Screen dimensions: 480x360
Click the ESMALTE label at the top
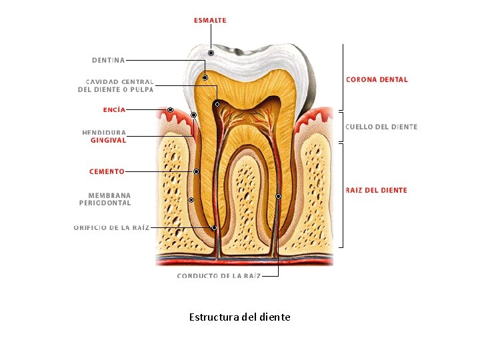210,21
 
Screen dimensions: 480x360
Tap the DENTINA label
108,60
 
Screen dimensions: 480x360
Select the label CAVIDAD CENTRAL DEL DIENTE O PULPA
116,85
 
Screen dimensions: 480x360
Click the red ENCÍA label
114,109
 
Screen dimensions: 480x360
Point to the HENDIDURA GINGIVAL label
104,136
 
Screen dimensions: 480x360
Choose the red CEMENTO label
107,171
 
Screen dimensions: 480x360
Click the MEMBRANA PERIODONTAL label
105,199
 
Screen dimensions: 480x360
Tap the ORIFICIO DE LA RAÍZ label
111,227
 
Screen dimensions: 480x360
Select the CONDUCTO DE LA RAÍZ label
218,275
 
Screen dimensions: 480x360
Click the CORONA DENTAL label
377,79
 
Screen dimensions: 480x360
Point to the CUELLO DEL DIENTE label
381,127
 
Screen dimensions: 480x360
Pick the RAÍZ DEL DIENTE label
376,190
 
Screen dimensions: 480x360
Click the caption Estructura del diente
239,317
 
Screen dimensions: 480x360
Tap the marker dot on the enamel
211,53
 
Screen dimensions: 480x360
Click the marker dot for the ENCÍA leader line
170,109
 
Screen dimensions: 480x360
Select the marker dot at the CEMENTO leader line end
196,171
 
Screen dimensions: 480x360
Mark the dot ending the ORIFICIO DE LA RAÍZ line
214,227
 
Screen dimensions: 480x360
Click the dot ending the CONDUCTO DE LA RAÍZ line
278,196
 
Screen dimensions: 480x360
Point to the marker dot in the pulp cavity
217,104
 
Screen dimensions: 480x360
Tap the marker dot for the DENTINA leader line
205,78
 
